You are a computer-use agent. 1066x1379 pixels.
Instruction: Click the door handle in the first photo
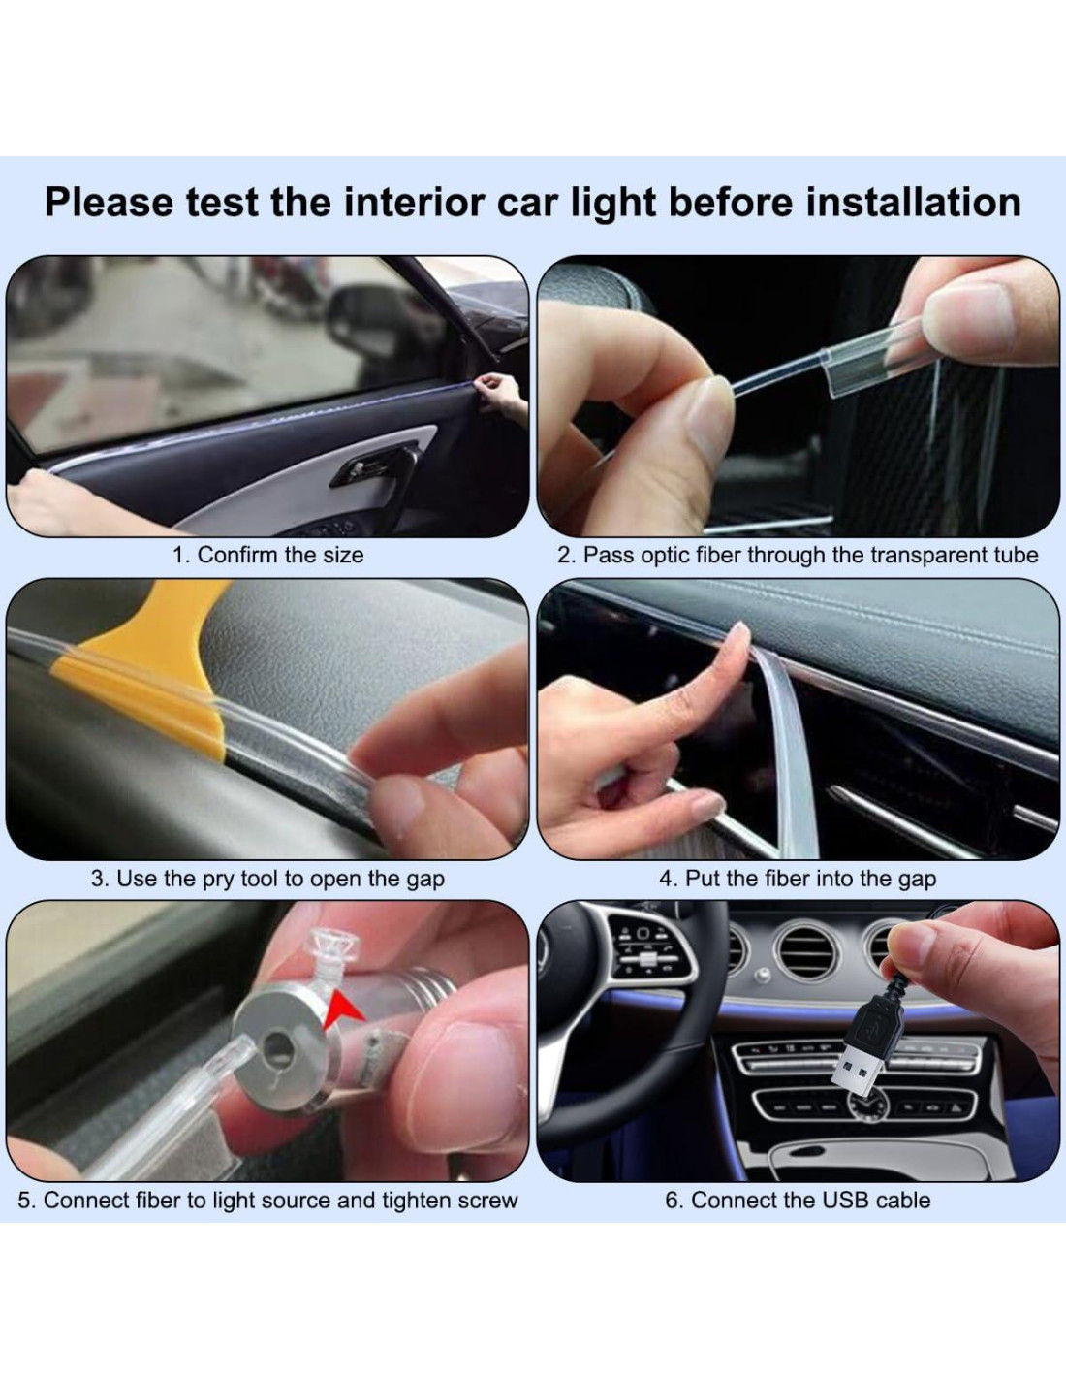(x=374, y=466)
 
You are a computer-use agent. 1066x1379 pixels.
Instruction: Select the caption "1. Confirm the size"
(x=268, y=556)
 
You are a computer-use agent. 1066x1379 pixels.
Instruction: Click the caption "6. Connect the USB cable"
(x=798, y=1200)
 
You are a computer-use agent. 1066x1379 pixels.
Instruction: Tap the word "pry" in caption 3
(x=217, y=879)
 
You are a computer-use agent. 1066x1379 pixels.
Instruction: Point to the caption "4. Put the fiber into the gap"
(x=798, y=879)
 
